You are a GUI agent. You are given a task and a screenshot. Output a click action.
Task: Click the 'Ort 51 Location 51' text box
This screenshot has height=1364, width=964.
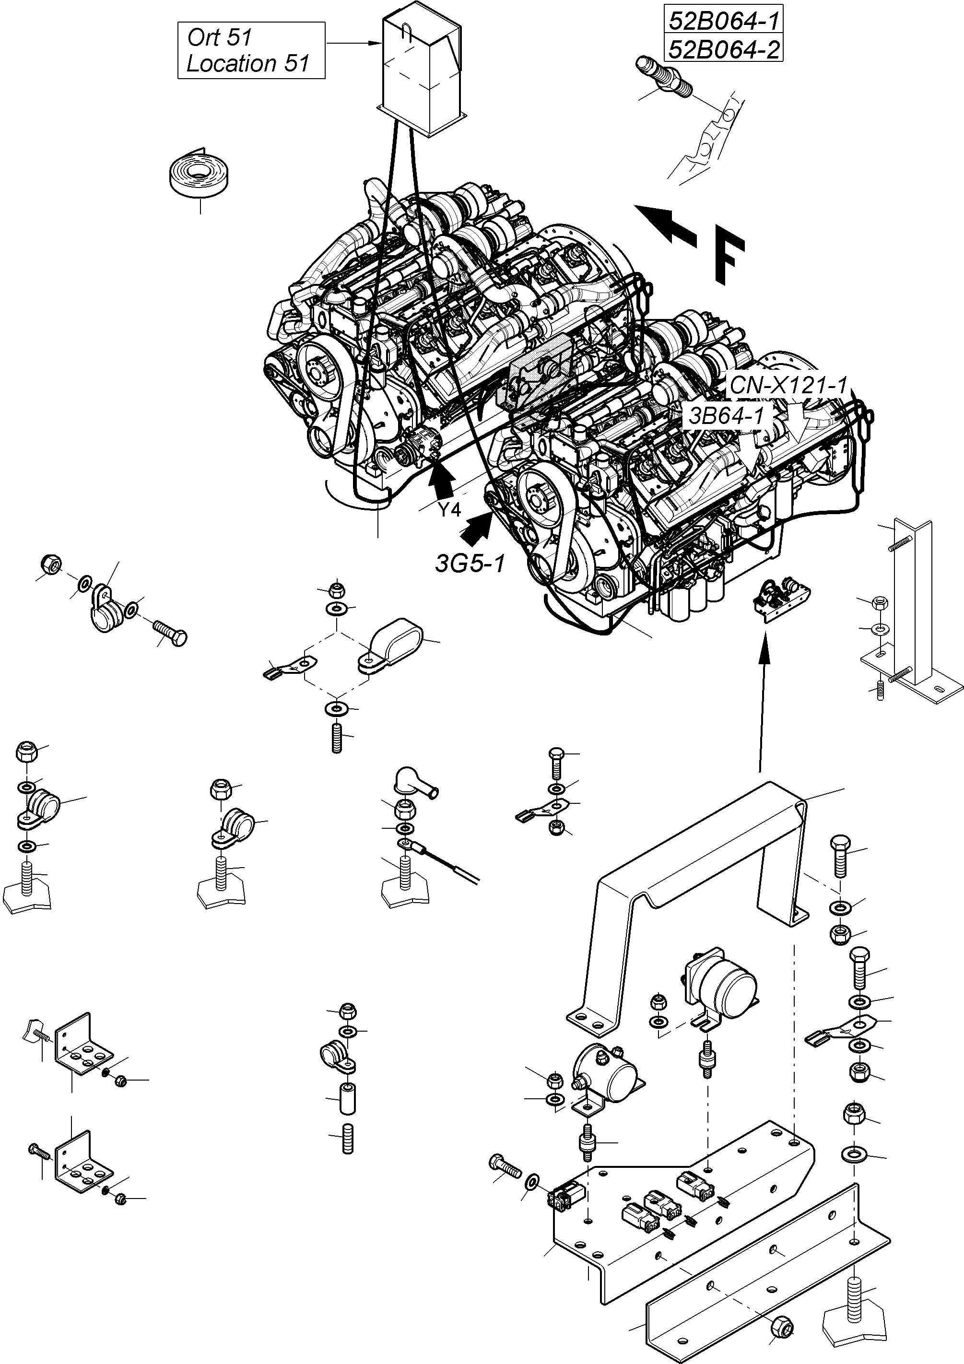point(251,50)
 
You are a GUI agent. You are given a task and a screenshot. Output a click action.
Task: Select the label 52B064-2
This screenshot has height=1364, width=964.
point(723,49)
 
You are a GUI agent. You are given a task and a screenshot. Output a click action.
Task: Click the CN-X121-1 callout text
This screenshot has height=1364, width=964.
point(788,385)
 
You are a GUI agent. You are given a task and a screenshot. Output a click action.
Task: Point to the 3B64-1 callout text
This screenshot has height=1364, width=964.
point(726,416)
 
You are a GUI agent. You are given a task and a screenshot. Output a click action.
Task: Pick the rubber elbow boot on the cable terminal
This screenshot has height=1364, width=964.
point(413,782)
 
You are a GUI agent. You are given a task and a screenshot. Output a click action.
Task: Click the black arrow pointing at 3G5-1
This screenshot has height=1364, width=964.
point(478,529)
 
